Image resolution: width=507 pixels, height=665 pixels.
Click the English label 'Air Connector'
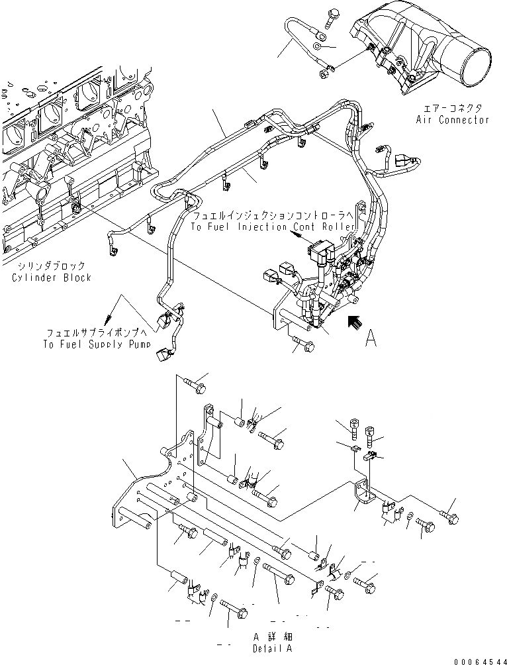[453, 120]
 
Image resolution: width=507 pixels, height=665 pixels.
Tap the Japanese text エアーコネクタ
[453, 107]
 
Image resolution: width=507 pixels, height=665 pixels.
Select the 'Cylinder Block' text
[52, 278]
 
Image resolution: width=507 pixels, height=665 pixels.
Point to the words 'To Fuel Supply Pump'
[97, 344]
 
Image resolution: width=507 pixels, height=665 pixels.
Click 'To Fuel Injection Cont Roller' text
[273, 227]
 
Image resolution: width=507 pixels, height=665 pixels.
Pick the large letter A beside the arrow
[371, 338]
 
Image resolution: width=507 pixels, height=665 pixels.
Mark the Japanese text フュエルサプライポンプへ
[97, 332]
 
